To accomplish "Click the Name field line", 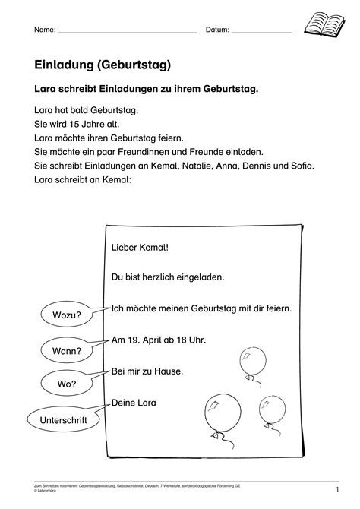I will (x=127, y=33).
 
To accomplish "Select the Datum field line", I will (x=261, y=33).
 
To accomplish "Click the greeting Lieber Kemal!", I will (x=140, y=247).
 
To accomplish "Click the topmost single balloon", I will (x=248, y=361).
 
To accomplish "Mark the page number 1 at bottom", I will (x=336, y=491).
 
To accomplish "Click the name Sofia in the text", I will (x=299, y=163).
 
